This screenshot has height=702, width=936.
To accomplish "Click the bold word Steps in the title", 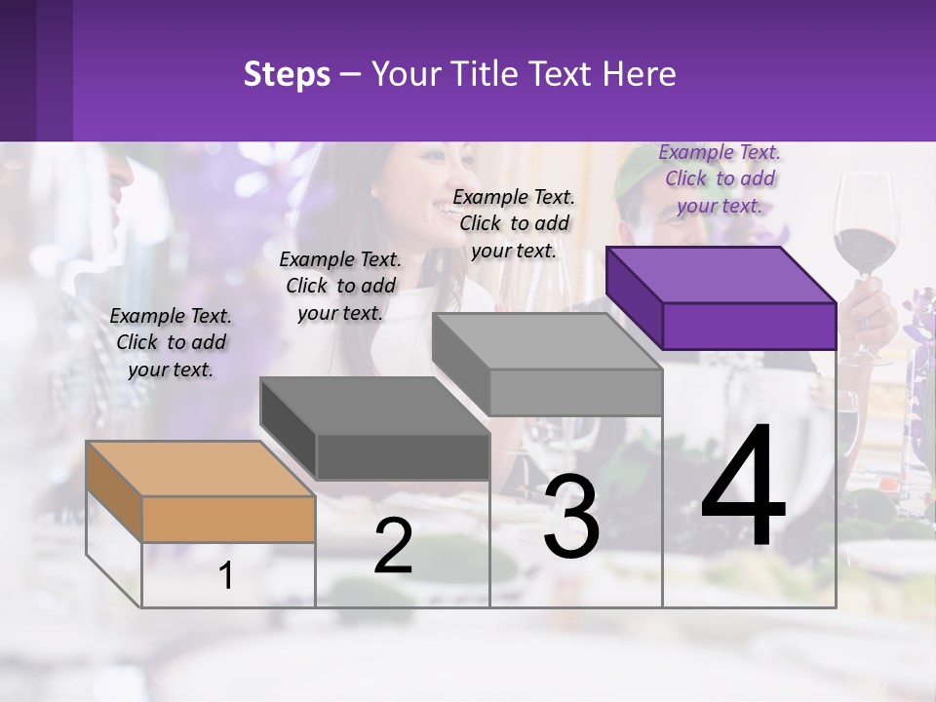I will [x=287, y=74].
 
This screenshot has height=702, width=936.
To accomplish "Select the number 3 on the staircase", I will [x=571, y=517].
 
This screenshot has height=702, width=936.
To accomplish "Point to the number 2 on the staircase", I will [x=393, y=546].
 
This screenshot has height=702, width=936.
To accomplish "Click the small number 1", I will [x=226, y=576].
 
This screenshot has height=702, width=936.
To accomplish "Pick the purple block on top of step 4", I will [x=721, y=297].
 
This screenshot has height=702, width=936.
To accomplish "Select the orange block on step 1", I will [x=200, y=492].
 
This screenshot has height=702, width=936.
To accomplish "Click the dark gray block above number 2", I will [x=375, y=429].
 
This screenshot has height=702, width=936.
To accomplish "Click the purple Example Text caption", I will [x=720, y=178].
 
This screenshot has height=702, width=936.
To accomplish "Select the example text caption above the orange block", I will [x=171, y=342].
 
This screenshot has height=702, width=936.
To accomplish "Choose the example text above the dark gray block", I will [x=340, y=286].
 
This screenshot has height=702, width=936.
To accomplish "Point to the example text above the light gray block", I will [x=514, y=223].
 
